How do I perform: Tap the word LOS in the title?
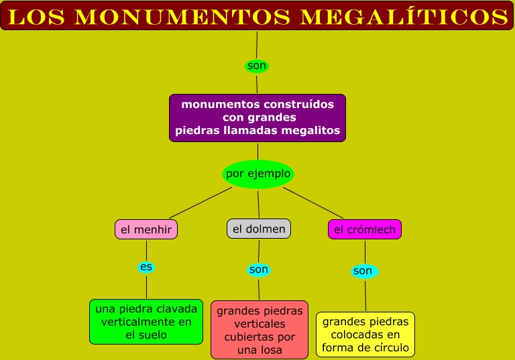click(x=32, y=16)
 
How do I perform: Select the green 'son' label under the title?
click(x=257, y=66)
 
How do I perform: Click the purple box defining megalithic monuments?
click(x=257, y=117)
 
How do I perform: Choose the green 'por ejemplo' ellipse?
click(x=258, y=174)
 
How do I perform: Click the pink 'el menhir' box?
click(x=146, y=229)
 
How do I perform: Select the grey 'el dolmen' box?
click(x=259, y=229)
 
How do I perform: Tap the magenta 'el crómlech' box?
click(x=365, y=230)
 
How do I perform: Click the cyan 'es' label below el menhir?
click(x=146, y=267)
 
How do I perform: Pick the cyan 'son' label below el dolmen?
click(x=258, y=269)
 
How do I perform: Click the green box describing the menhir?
click(x=146, y=322)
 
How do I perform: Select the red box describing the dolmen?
click(x=260, y=330)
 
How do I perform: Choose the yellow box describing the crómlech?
click(x=365, y=335)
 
